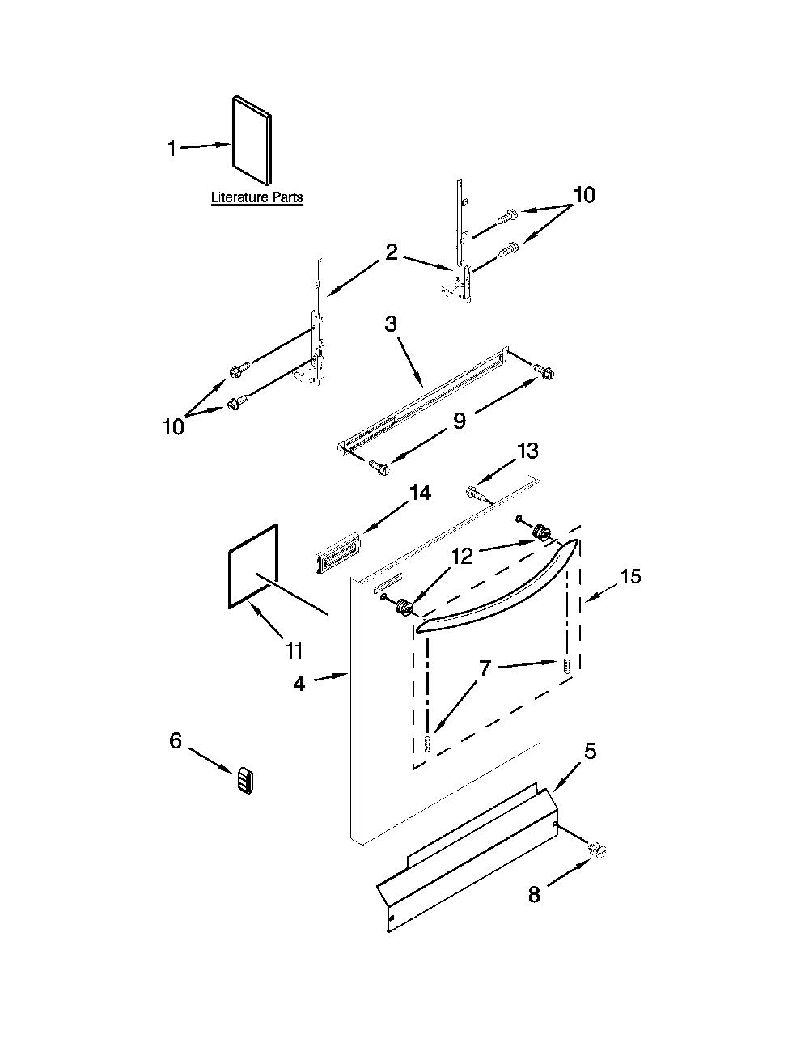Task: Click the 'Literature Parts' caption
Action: pos(257,197)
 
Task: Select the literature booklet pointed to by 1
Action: pos(252,140)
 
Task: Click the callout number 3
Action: pos(391,324)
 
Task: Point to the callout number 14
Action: pos(421,493)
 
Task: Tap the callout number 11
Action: pos(294,651)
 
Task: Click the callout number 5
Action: pos(590,751)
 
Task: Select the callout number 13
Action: pos(527,451)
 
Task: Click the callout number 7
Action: pos(485,668)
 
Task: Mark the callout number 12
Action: pos(462,556)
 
